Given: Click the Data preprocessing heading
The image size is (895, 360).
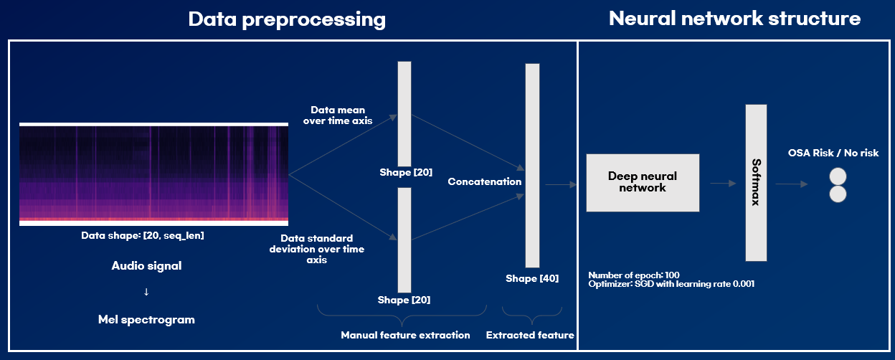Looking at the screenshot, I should (287, 19).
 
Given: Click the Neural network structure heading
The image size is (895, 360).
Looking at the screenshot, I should (734, 19).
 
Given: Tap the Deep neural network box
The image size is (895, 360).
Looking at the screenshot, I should (643, 182).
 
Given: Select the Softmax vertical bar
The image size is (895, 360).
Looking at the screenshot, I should (756, 182).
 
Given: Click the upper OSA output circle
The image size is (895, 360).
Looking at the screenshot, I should (838, 176).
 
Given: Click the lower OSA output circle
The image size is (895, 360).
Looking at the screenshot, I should (838, 194).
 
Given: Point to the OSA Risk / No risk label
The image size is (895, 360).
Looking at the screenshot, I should (833, 153).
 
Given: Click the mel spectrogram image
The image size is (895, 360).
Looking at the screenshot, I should (153, 174).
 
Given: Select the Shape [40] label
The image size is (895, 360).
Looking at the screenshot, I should (532, 278).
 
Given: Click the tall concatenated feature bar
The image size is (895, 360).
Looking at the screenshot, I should (532, 165).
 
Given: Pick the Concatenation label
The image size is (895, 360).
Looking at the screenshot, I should (485, 181).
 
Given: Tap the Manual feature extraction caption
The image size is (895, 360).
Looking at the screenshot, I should (405, 335).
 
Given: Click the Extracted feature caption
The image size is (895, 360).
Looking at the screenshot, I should (530, 335).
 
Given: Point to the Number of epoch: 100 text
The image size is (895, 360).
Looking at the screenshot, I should (633, 275).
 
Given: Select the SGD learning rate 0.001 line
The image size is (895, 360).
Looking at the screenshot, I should (671, 284).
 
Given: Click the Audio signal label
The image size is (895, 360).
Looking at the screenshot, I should (146, 266).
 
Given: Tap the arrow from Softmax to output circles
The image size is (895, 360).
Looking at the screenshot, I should (792, 184).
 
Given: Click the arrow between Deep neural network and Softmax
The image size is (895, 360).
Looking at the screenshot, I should (723, 184).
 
